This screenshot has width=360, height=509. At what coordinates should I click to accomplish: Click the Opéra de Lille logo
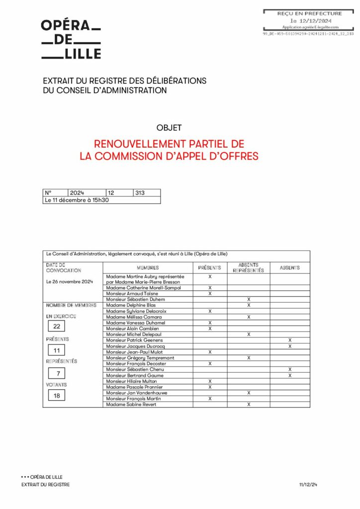(x=71, y=39)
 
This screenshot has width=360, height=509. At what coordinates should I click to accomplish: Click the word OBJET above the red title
(x=169, y=128)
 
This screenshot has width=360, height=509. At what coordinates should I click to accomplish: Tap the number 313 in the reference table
(x=140, y=192)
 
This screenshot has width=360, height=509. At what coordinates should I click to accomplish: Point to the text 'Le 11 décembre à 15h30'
(x=77, y=200)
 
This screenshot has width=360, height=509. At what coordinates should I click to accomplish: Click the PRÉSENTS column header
(x=210, y=267)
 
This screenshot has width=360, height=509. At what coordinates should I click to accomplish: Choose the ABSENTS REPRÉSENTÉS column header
(x=248, y=267)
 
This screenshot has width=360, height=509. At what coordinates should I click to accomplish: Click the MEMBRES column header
(x=148, y=267)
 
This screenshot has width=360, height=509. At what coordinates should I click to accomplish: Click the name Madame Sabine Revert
(x=131, y=405)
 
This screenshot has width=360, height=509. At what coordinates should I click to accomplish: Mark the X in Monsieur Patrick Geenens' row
(x=290, y=340)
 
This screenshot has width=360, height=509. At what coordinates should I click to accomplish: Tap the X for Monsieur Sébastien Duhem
(x=249, y=300)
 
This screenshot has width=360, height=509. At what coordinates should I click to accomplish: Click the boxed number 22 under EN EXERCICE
(x=57, y=327)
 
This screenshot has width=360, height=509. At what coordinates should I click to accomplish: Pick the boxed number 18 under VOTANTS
(x=57, y=396)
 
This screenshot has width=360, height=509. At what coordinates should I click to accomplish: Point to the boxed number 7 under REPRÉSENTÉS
(x=57, y=373)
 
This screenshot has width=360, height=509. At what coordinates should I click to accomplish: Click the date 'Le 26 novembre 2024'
(x=70, y=282)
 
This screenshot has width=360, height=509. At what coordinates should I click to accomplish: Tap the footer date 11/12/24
(x=308, y=485)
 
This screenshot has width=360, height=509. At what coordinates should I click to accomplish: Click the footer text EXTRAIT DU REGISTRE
(x=45, y=485)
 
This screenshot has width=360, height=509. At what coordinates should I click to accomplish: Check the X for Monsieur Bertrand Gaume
(x=290, y=375)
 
